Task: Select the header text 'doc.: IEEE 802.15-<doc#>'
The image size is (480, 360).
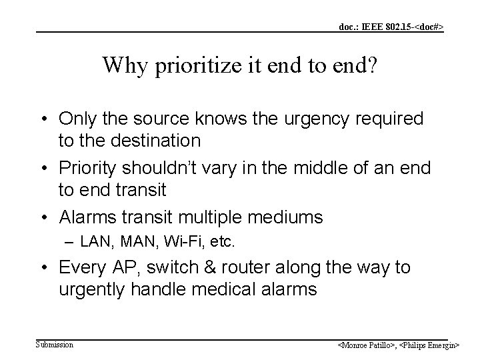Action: (x=391, y=27)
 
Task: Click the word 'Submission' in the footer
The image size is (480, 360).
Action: (x=55, y=344)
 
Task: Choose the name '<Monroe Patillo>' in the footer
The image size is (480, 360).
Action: (x=365, y=345)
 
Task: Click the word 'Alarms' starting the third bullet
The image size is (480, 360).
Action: (x=84, y=217)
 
